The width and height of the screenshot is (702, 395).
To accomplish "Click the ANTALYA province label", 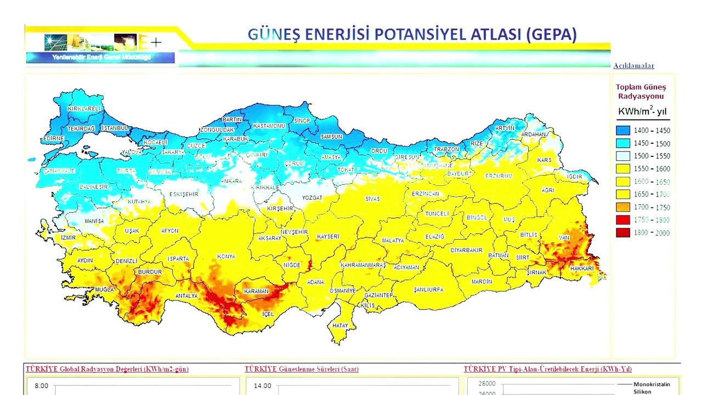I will tap(186, 296).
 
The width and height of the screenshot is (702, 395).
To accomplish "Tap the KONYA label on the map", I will tap(226, 256).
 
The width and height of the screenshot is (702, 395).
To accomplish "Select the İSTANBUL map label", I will tap(115, 128).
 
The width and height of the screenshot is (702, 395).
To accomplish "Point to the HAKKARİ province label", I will tap(582, 268).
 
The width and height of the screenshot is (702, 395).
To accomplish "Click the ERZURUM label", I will tap(499, 176).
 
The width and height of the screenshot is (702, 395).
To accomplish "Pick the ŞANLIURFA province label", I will tap(428, 289).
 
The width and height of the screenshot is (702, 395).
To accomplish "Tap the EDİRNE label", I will tap(54, 138).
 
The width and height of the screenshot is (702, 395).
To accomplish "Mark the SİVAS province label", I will tap(373, 199).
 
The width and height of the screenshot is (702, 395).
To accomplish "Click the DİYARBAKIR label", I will tap(466, 250).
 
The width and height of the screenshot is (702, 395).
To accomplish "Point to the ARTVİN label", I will tap(505, 128).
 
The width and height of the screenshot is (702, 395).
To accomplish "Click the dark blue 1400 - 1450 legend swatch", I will tap(622, 131).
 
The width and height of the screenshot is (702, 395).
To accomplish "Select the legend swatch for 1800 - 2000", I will tap(622, 233).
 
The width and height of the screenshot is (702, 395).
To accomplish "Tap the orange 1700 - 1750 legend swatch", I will tap(622, 207).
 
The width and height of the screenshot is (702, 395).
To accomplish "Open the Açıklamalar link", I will tap(633, 66).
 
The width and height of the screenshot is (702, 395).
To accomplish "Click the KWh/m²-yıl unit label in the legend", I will tap(642, 111).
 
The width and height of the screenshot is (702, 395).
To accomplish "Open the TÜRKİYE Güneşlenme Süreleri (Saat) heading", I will tap(301, 369).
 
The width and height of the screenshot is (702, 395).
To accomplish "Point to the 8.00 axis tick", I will tap(41, 386).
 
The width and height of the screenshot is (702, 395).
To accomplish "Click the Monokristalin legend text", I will tap(652, 385).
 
